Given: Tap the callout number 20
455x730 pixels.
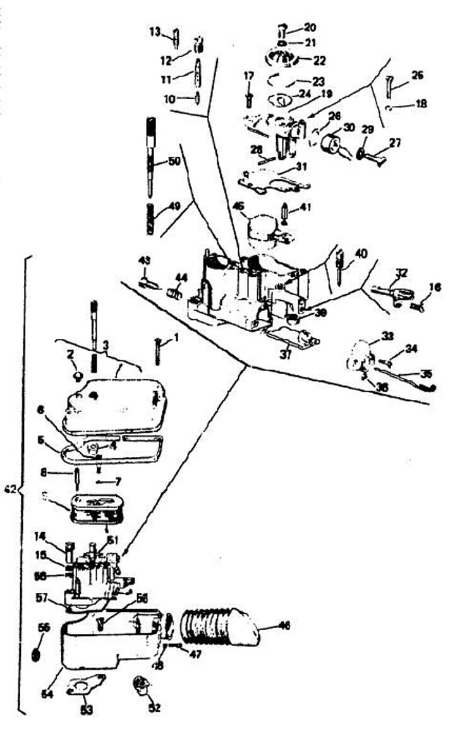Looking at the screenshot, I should (x=310, y=27).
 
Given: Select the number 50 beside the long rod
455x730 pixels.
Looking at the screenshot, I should (x=174, y=162).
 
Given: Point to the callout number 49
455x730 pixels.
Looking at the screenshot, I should (x=174, y=205).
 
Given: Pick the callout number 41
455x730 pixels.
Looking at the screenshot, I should (x=306, y=207).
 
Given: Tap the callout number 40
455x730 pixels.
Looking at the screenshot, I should (x=360, y=253).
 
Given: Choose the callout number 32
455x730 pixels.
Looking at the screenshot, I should (x=401, y=274).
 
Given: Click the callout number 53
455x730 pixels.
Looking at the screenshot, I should (x=87, y=710).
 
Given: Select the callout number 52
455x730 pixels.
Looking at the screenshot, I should (x=154, y=708).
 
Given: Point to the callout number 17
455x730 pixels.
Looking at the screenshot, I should (x=248, y=76).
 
